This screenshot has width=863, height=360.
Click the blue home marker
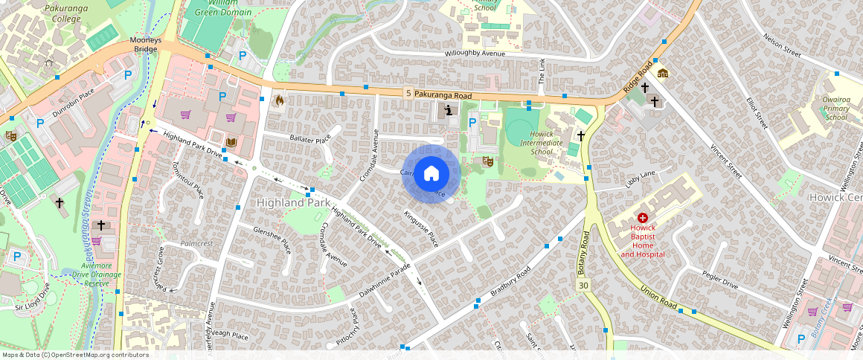coord(431,174)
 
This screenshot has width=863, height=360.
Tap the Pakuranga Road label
coord(443,95)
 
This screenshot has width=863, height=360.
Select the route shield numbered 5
coord(408,93)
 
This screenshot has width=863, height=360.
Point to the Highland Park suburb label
coord(293,202)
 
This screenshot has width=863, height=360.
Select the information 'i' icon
coord(449,111)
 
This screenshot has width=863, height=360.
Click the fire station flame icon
coord(279,99)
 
